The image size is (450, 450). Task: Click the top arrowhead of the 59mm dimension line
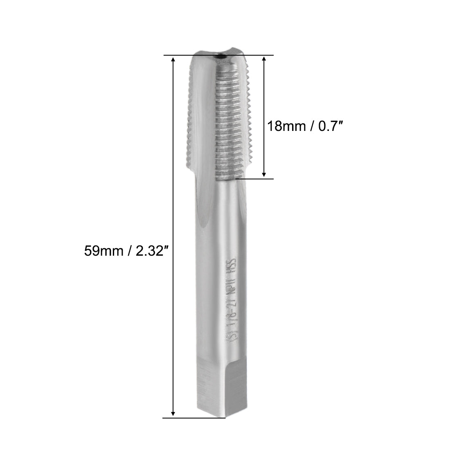[x=173, y=60]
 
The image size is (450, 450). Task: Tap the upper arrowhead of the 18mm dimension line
[x=264, y=60]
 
